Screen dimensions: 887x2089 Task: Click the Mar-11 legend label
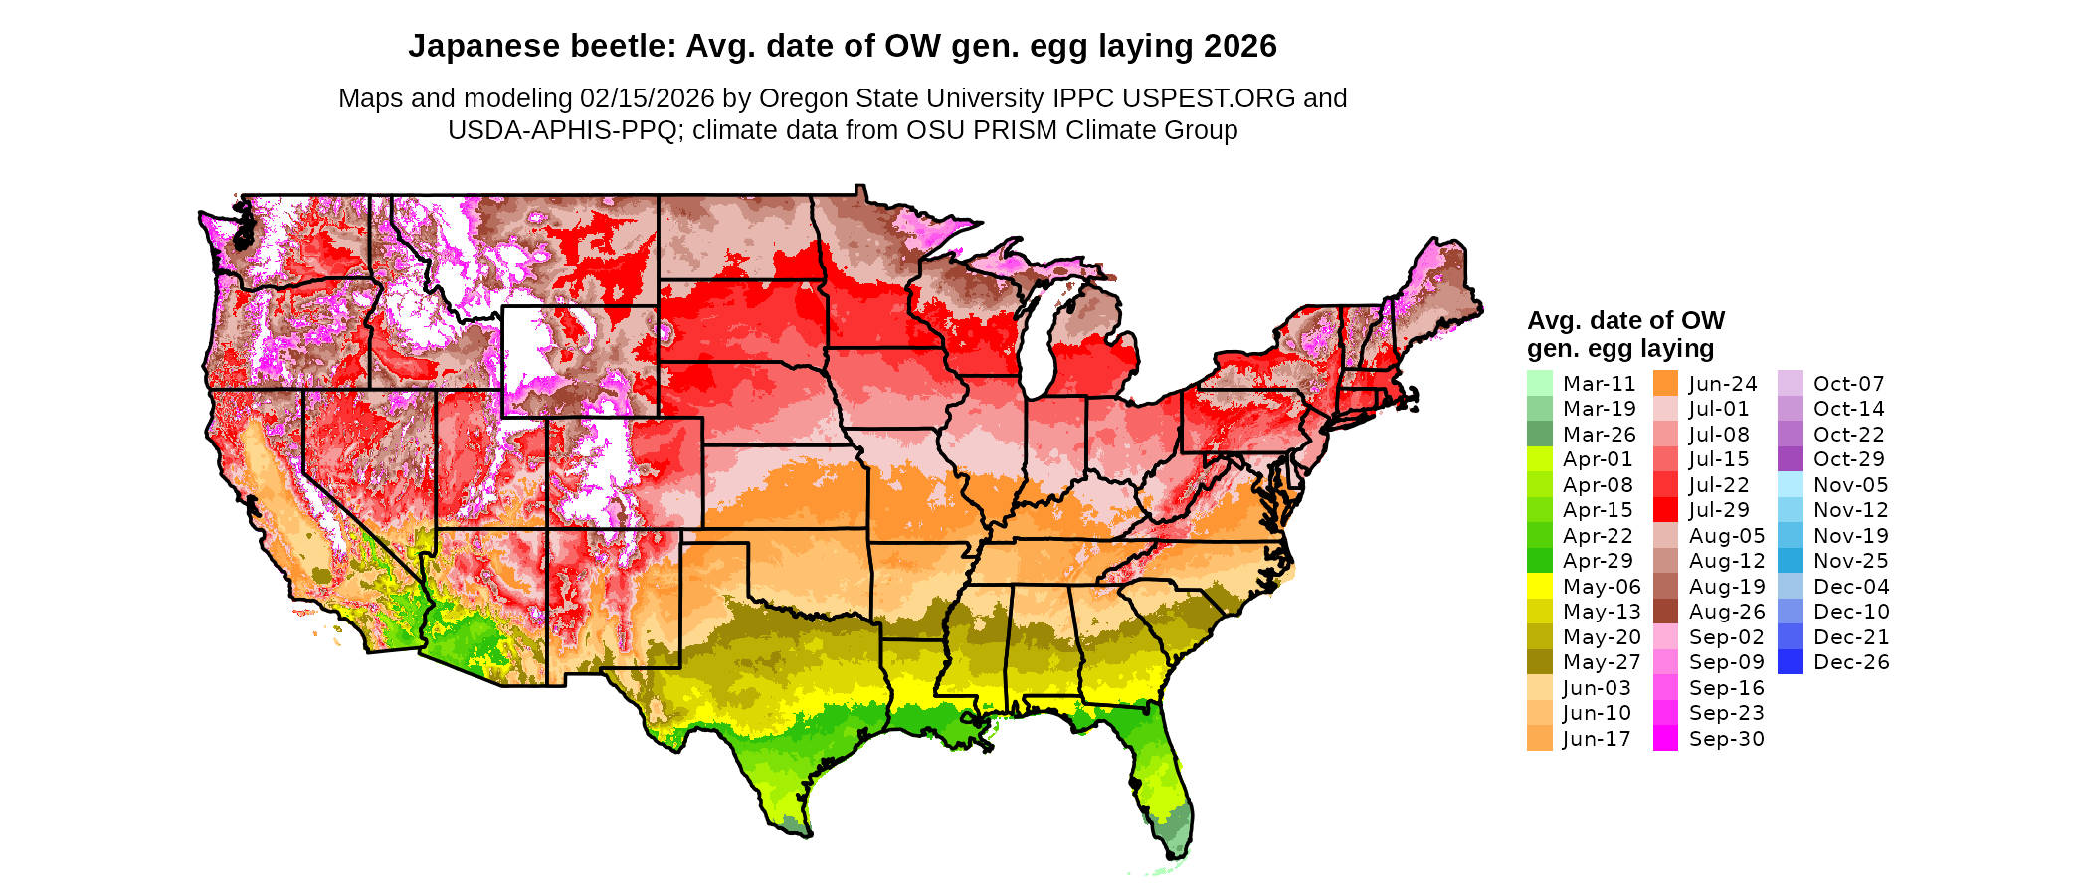1599,384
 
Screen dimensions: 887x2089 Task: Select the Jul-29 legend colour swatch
1665,510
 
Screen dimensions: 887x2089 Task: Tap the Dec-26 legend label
1851,662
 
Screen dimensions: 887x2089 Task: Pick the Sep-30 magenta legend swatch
1665,739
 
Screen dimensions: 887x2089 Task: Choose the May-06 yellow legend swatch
1539,587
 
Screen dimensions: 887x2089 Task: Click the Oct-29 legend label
1849,459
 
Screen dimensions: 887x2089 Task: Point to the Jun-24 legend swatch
1665,384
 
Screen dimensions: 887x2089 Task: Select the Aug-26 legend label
1727,612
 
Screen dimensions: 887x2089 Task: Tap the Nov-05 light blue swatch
1790,485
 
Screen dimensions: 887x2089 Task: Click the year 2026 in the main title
1239,46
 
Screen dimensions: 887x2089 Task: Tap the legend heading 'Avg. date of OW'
1625,320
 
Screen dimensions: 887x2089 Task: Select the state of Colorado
625,472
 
